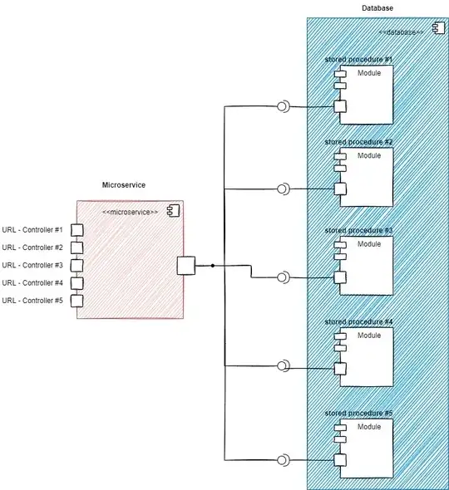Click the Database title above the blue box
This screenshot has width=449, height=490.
(377, 7)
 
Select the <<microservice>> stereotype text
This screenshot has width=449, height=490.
(130, 213)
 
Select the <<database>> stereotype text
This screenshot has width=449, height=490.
(401, 32)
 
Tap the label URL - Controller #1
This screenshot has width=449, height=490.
(32, 230)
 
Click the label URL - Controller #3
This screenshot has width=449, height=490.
(32, 265)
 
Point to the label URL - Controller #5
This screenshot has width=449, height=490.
(32, 300)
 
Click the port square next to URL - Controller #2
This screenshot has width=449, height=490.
(76, 247)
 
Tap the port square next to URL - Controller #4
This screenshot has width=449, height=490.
(76, 283)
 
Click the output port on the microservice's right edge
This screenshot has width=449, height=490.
(186, 265)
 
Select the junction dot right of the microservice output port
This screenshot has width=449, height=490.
(213, 266)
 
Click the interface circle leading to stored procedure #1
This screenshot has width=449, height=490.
(283, 106)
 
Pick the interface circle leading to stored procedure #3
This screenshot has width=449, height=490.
(283, 277)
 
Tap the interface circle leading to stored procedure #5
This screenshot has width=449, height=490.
(283, 459)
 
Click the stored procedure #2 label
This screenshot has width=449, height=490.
(358, 142)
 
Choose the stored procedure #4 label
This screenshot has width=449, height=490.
(358, 321)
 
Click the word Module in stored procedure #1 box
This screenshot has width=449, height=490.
(369, 74)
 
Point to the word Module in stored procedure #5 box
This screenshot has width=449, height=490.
(369, 426)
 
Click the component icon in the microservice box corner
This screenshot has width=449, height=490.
(174, 209)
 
